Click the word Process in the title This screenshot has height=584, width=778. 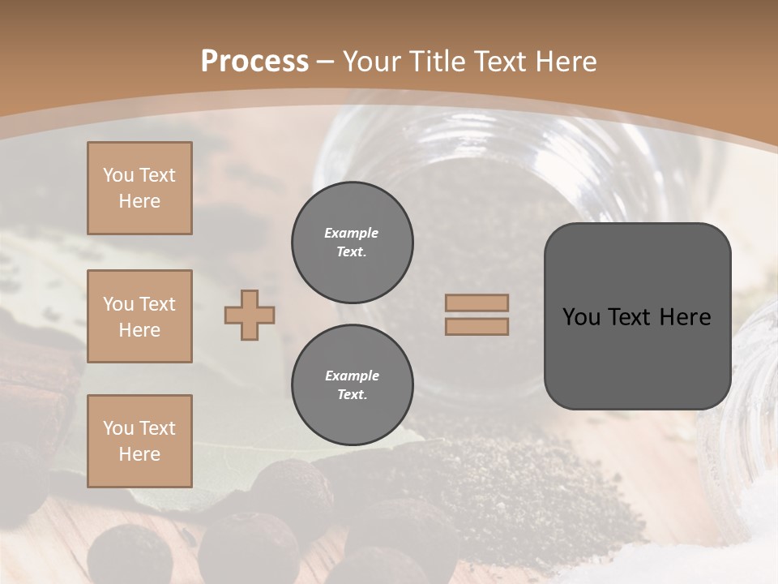point(254,62)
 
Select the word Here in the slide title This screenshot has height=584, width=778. point(564,62)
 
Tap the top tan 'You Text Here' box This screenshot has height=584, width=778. point(139,188)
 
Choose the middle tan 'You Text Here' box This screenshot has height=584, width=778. point(139,316)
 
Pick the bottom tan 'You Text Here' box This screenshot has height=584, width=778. point(139,441)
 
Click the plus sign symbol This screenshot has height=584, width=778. point(250,315)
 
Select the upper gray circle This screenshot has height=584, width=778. point(352,243)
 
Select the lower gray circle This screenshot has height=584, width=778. point(352,385)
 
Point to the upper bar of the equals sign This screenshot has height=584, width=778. point(477,303)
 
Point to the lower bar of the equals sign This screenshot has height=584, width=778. point(477,326)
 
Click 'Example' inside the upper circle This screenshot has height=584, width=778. point(351,233)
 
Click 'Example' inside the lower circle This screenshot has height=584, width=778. point(352,376)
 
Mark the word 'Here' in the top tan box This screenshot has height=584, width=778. point(139,201)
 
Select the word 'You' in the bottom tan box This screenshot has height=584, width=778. point(118,428)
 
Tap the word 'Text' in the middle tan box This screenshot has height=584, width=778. point(156,304)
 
